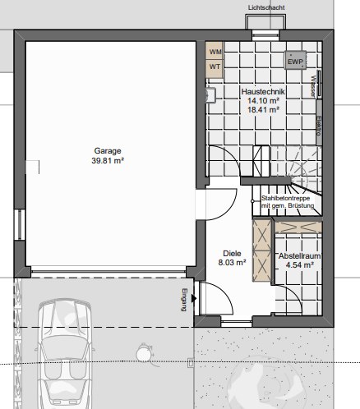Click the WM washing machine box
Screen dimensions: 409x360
[215, 52]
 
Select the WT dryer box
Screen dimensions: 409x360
[215, 67]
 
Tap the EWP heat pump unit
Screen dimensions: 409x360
[296, 60]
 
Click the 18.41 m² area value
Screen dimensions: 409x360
[264, 109]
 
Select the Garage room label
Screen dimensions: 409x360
[108, 152]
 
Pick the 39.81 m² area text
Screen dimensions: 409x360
[108, 162]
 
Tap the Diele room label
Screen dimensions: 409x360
[232, 254]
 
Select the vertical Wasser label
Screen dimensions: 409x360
[313, 85]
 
